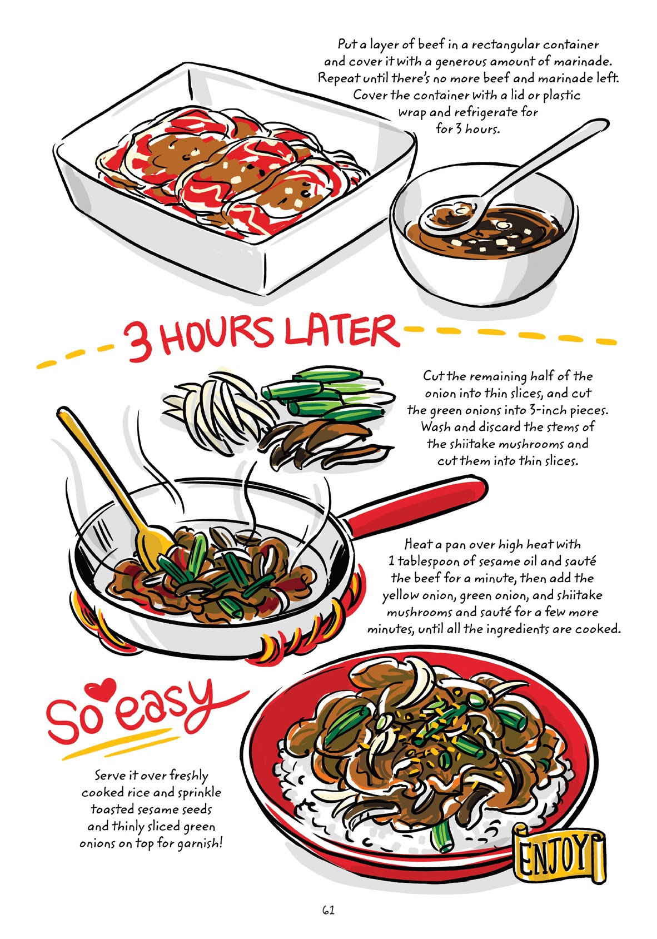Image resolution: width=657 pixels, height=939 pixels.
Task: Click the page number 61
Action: tap(328, 910)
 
